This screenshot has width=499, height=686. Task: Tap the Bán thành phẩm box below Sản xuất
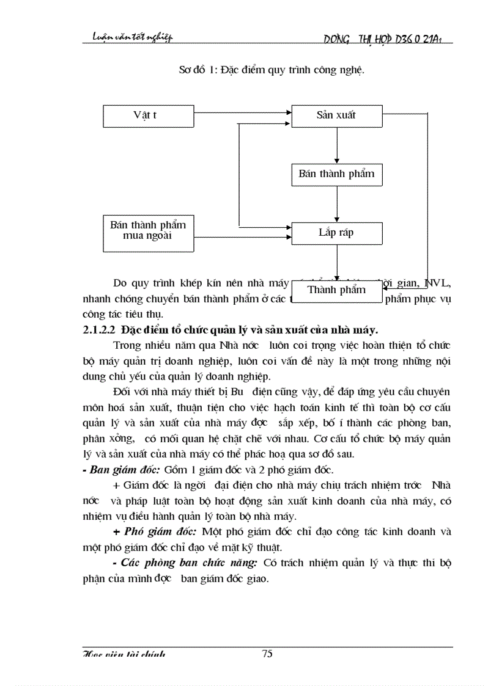coord(336,175)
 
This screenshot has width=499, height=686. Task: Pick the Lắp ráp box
coord(336,233)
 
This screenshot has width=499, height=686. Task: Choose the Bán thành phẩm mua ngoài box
coord(148,230)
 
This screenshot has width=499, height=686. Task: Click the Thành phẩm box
coord(336,290)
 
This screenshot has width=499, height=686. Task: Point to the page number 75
coord(267,654)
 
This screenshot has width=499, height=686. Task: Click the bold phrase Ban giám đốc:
coord(125,469)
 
